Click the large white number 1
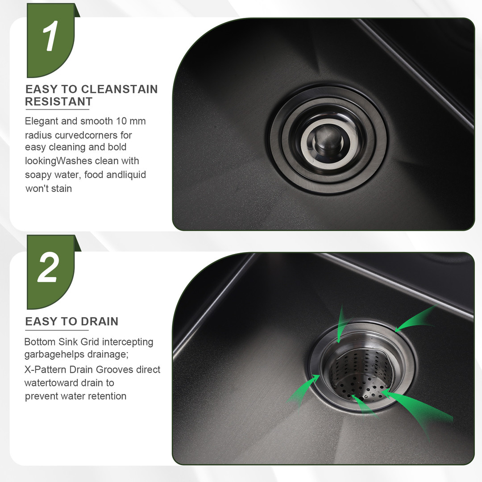pyautogui.click(x=50, y=36)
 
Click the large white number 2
pyautogui.click(x=48, y=267)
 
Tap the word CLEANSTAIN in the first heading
pyautogui.click(x=119, y=89)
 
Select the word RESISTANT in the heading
pyautogui.click(x=59, y=101)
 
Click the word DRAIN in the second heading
pyautogui.click(x=100, y=321)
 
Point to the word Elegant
pyautogui.click(x=42, y=121)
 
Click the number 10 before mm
pyautogui.click(x=121, y=121)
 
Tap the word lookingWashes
pyautogui.click(x=58, y=161)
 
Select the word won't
pyautogui.click(x=35, y=188)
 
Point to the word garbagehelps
pyautogui.click(x=54, y=355)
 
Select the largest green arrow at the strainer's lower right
pyautogui.click(x=418, y=409)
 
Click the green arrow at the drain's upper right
pyautogui.click(x=415, y=320)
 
